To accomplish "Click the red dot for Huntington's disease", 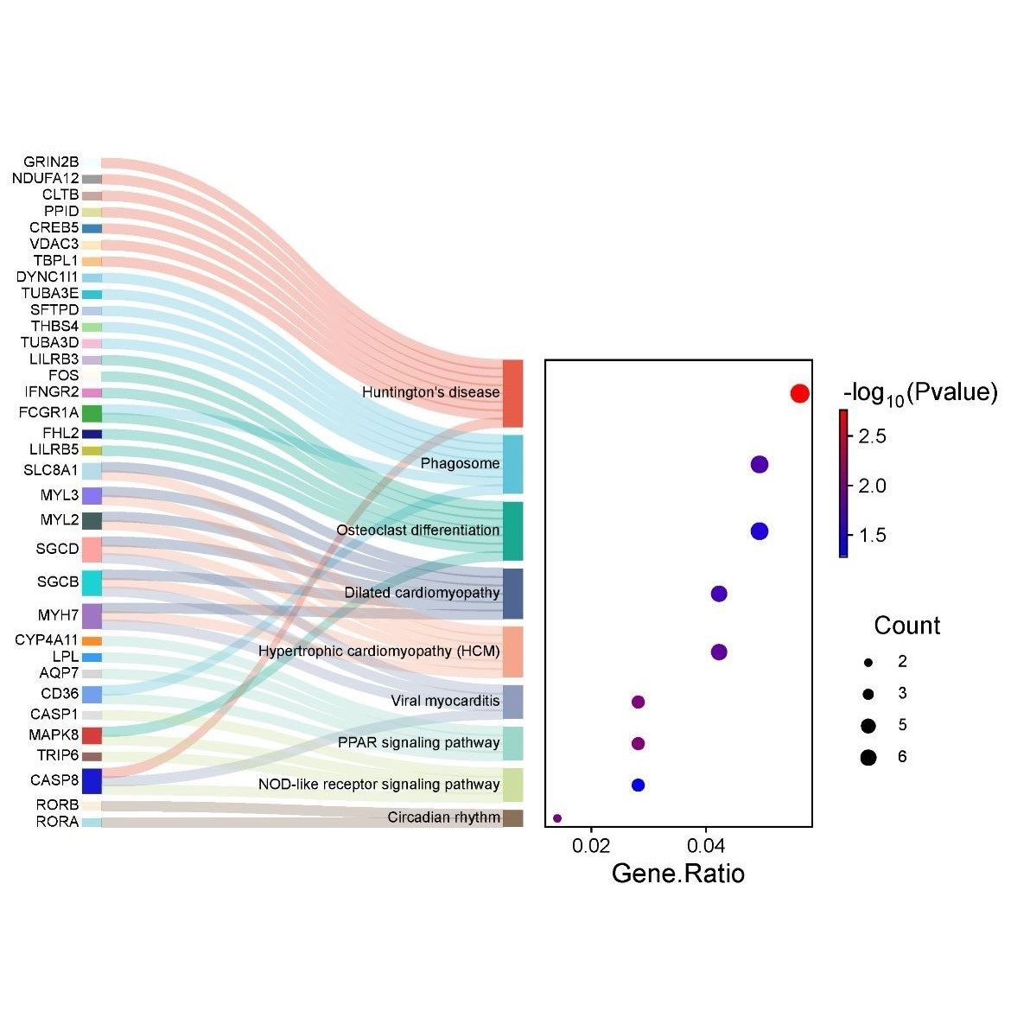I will click(x=799, y=393).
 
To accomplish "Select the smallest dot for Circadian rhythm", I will click(x=557, y=817).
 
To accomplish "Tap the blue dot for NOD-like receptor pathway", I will click(x=638, y=785).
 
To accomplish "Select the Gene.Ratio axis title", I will click(x=677, y=874).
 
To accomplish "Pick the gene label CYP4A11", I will click(x=47, y=640).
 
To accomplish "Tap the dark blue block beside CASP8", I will click(x=92, y=781).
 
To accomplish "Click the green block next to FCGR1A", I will click(x=92, y=413).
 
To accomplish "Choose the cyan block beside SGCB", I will click(x=92, y=582).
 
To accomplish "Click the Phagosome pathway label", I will click(x=460, y=464).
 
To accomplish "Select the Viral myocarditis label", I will click(x=445, y=701).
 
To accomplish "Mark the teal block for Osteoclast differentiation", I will click(x=512, y=531).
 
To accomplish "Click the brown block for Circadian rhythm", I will click(x=512, y=817).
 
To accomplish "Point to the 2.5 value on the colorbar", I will click(x=872, y=436).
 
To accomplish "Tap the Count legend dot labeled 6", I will click(x=868, y=758).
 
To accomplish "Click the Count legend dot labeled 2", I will click(x=868, y=662).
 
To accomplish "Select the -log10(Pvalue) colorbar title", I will click(x=919, y=393).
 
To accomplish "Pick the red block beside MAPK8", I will click(x=92, y=735).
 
